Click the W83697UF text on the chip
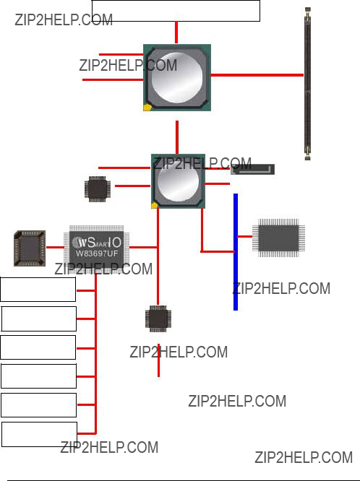[97, 253]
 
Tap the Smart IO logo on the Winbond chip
[96, 243]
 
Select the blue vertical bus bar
[236, 252]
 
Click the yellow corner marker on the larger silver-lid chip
[147, 108]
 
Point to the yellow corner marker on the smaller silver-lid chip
[155, 205]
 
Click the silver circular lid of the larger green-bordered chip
[176, 77]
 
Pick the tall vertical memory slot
[307, 84]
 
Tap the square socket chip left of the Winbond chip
[30, 248]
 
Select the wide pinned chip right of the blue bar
[278, 238]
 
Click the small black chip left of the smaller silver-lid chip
[98, 189]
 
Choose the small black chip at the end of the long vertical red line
[158, 318]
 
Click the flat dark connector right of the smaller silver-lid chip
[253, 169]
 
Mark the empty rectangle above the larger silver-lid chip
[176, 11]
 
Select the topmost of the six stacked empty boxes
[38, 290]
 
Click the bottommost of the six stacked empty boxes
[39, 434]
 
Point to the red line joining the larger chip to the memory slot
[257, 75]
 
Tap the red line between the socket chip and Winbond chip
[55, 247]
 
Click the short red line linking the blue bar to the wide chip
[245, 236]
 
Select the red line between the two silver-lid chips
[177, 137]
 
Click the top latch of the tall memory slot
[307, 12]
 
